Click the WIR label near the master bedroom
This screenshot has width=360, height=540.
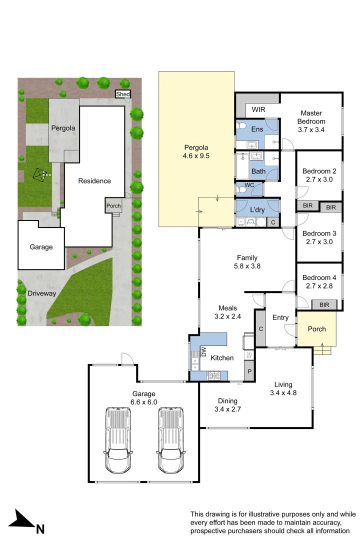coord(258,109)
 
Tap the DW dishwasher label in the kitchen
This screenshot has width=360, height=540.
coord(203,352)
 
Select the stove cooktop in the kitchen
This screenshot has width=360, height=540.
coord(214,375)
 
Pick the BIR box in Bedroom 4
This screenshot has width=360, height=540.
coord(324,304)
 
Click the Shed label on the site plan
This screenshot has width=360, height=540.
coord(122,94)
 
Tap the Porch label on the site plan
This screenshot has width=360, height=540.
coord(113,205)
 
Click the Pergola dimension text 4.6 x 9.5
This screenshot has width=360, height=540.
coord(195,155)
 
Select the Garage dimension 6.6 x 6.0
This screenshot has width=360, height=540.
coord(144,401)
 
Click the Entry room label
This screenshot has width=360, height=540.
coord(280,317)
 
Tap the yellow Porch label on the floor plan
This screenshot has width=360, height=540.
coord(316,329)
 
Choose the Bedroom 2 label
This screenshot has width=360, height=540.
coord(319,171)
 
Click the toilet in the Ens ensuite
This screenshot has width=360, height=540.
coord(241,126)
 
